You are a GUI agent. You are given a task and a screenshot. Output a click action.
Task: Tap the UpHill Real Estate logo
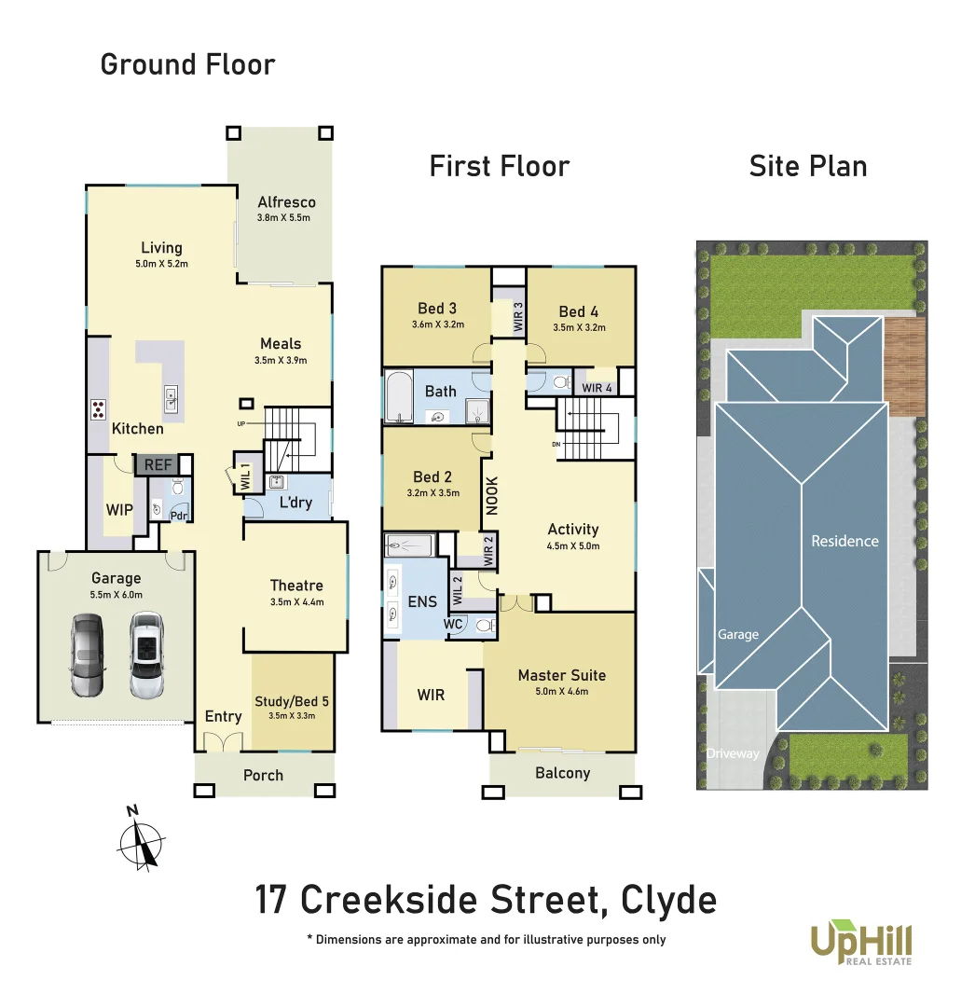coord(860,943)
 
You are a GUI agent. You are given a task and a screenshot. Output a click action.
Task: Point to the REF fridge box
coord(153,464)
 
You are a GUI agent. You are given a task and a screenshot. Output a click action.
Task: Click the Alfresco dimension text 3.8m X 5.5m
coord(283,218)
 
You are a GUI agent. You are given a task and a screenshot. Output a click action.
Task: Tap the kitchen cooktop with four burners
coord(98,409)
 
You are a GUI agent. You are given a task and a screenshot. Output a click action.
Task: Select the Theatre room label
coord(296,586)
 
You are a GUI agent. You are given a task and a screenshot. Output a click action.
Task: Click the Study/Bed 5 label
coord(292,702)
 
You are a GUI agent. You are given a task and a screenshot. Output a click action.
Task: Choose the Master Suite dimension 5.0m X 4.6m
coord(561,692)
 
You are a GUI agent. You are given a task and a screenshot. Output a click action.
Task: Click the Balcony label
coord(562,773)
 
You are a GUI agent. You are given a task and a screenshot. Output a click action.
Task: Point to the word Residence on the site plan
coord(845,541)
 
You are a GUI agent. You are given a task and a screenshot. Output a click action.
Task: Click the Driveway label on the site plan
coord(732,753)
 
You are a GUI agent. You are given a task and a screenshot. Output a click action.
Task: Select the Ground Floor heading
coord(187,65)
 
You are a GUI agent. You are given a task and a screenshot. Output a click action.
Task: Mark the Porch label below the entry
coord(263,776)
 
